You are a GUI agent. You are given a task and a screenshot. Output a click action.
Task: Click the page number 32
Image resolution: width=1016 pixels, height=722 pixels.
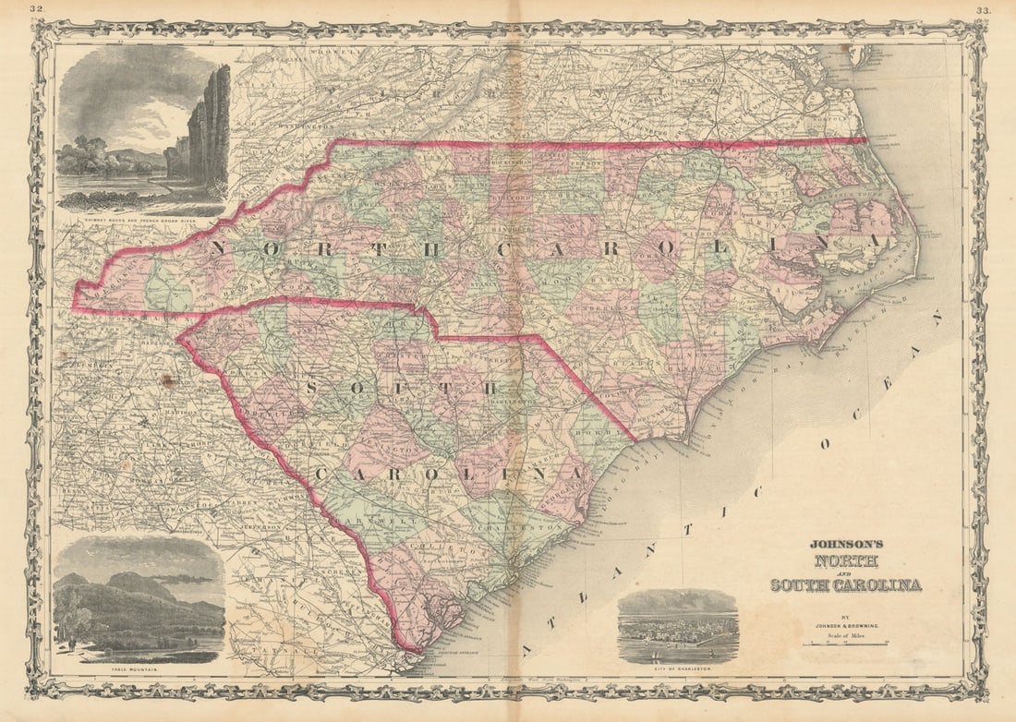coord(37,10)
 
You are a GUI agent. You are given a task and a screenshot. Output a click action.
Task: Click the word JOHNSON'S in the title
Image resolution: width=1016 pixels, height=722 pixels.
coord(846,545)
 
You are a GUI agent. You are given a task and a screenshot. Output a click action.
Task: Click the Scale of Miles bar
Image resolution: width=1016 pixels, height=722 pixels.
coord(844,643)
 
